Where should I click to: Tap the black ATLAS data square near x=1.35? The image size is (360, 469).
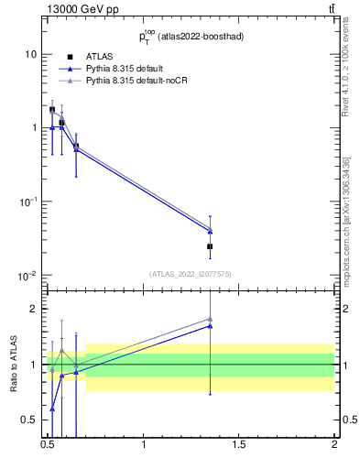click(210, 246)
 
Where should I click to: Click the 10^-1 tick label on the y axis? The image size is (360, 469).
click(27, 202)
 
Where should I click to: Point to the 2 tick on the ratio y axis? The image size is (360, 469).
click(33, 309)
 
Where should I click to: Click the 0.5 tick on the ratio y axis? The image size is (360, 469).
click(29, 420)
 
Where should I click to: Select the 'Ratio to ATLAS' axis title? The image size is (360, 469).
click(12, 364)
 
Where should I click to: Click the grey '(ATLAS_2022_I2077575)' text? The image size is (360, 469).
click(189, 273)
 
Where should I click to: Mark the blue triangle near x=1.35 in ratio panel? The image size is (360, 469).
click(211, 325)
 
